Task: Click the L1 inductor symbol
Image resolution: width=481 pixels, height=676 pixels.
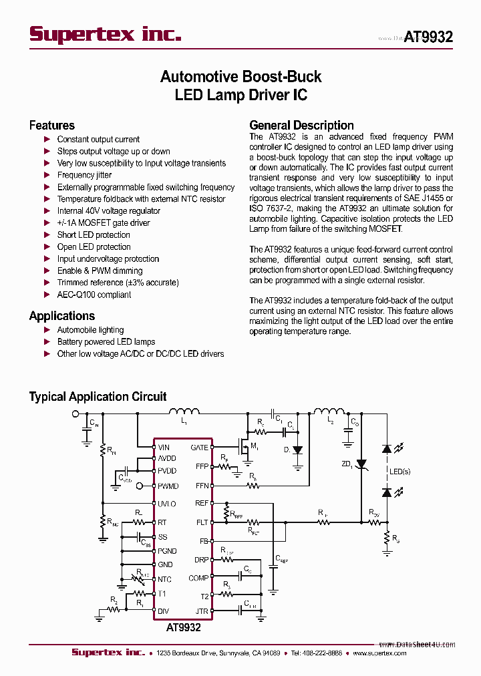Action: pos(183,411)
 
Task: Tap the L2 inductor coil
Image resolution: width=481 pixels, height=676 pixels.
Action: pos(327,411)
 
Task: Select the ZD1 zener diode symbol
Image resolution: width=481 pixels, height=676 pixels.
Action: pos(361,463)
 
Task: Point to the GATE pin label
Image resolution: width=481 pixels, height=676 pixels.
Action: pos(200,448)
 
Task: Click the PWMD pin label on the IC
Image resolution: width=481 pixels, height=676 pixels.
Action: pos(168,486)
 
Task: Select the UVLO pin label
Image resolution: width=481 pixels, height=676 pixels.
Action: pos(167,504)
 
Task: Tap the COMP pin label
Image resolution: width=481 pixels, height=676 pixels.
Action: pos(198,578)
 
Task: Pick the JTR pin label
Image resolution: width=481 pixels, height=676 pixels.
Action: pos(202,611)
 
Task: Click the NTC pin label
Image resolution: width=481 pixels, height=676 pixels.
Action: pos(164,580)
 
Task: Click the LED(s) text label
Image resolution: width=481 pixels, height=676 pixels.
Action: pos(399,472)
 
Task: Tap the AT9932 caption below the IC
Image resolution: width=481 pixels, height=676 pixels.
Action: pos(183,628)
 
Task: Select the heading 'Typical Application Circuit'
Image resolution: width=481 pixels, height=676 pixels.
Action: pos(98,397)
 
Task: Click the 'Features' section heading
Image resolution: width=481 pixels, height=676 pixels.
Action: pos(52,126)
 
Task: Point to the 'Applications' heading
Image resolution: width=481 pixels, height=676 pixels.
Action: pos(62,316)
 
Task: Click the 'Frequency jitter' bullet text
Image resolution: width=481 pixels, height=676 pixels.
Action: pos(84,175)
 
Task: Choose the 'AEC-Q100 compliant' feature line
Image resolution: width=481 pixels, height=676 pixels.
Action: pos(94,295)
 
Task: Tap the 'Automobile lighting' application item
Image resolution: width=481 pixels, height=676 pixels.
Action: pos(90,330)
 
